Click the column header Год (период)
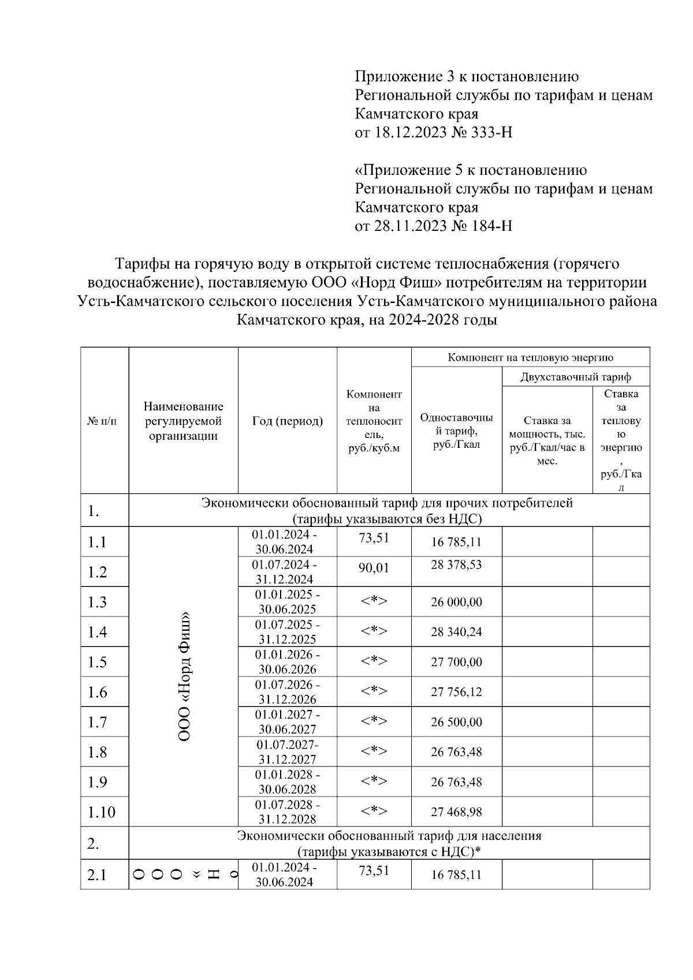pos(287,421)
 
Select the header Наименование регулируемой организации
pos(183,421)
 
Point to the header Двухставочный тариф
pos(575,377)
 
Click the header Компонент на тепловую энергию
pos(530,357)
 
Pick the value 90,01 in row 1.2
pos(374,568)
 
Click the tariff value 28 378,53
pos(456,564)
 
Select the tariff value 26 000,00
pos(456,602)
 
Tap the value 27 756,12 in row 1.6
pos(456,692)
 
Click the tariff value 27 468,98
pos(456,812)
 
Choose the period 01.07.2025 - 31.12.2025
pos(287,632)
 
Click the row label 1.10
pos(101,813)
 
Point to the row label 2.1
pos(97,875)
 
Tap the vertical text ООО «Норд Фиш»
pos(184,676)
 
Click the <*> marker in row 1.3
pos(374,601)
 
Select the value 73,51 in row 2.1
pos(374,871)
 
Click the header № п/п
pos(102,421)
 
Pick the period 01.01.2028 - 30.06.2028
pos(287,782)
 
